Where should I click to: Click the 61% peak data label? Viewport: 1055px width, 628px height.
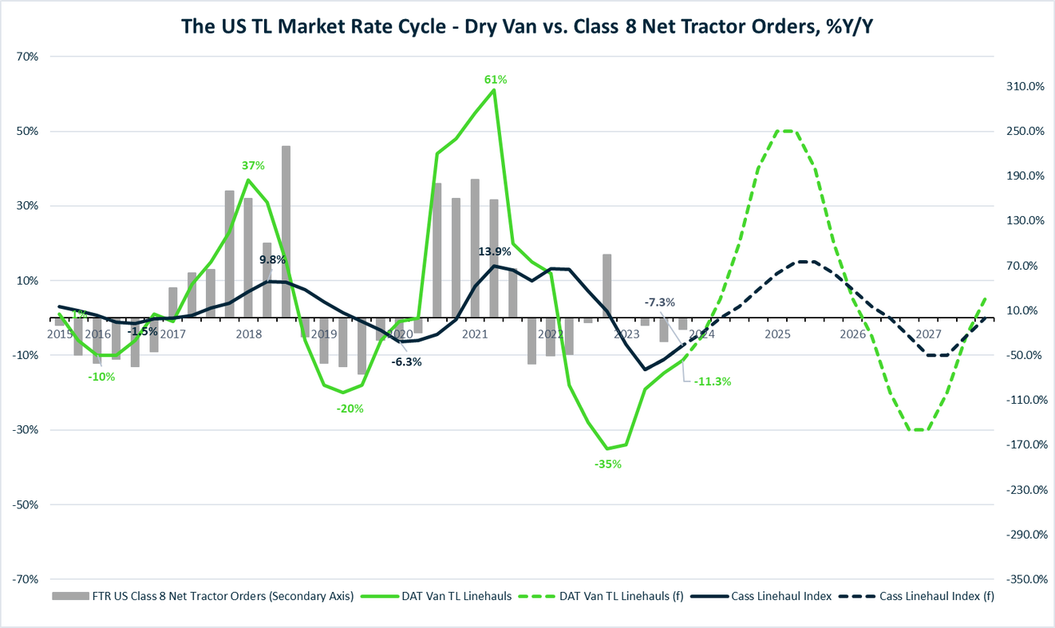pos(496,79)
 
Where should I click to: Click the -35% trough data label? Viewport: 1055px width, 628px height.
pos(608,464)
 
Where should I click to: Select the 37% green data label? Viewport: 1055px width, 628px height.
pos(253,165)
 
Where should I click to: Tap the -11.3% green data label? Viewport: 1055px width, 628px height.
pos(713,381)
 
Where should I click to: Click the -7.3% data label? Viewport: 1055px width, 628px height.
pos(660,302)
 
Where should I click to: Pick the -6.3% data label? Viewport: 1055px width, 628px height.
pos(406,361)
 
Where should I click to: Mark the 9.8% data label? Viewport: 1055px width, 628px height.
pos(272,259)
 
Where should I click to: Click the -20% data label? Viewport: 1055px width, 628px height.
pos(350,409)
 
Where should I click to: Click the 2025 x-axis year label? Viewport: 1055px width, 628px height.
pos(777,334)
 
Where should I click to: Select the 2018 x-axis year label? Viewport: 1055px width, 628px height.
pos(249,334)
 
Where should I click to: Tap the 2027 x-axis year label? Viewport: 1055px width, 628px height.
pos(928,334)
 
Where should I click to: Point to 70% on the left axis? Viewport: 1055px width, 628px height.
pos(38,57)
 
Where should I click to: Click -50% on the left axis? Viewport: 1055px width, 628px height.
pos(37,504)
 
